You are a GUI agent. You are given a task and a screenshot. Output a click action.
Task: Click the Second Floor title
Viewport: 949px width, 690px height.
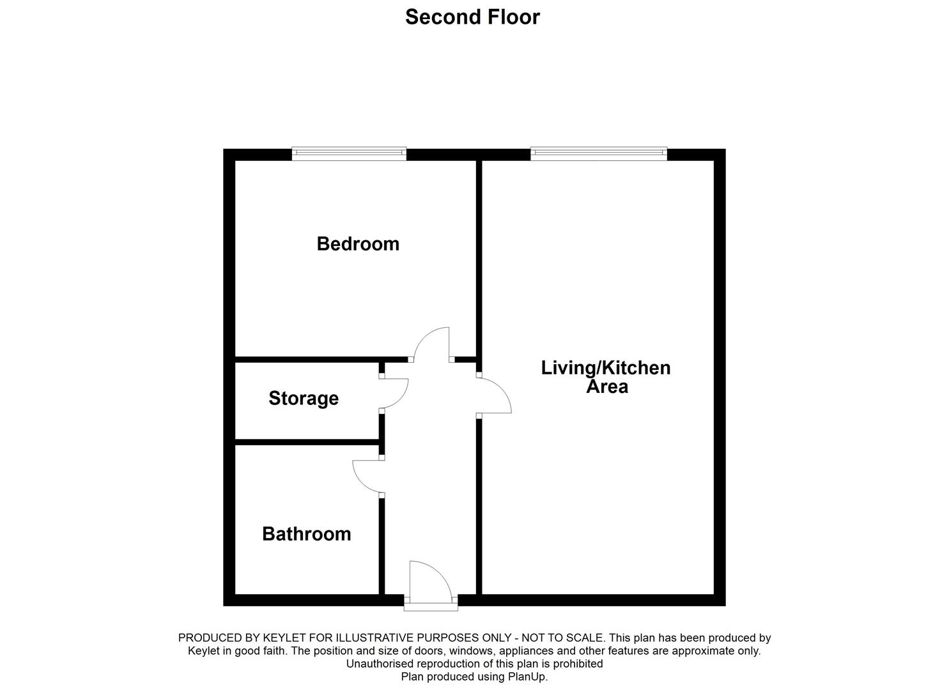point(472,17)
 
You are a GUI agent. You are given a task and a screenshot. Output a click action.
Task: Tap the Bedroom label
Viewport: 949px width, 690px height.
point(358,243)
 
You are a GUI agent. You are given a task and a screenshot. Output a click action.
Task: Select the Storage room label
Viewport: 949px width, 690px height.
point(304,398)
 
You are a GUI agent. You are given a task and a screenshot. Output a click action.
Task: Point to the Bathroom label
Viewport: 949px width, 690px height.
point(307,533)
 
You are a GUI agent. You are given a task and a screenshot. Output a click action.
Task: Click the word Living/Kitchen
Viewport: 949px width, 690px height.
point(606,367)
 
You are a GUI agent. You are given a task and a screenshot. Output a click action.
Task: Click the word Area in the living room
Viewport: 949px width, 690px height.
point(607,387)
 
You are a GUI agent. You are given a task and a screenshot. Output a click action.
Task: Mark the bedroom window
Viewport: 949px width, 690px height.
point(349,153)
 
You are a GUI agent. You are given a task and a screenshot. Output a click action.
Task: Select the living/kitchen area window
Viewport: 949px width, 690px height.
point(599,153)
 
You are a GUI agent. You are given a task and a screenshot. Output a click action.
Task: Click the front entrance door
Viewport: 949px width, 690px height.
point(429,580)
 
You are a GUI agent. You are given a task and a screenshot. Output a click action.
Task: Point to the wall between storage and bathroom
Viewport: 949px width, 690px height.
point(307,441)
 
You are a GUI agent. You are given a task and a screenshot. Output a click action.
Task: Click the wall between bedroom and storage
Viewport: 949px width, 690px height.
point(307,359)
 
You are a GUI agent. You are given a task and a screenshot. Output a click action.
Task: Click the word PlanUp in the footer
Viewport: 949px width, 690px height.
point(527,677)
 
